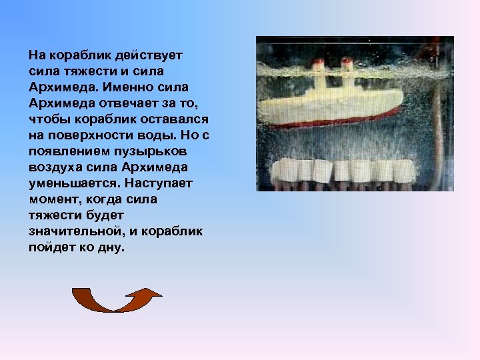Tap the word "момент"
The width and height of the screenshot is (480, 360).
pyautogui.click(x=52, y=199)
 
